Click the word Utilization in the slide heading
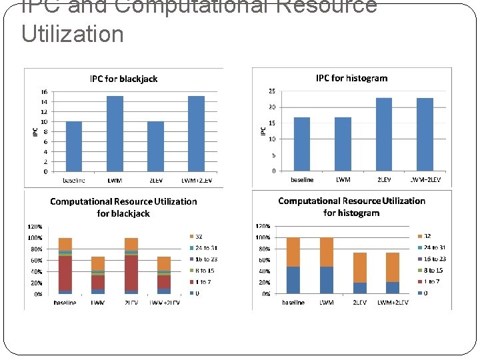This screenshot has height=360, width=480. tap(73, 33)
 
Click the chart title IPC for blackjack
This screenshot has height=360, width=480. tap(123, 79)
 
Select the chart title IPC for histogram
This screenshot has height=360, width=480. tap(351, 78)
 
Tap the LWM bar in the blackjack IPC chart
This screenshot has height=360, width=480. tap(115, 133)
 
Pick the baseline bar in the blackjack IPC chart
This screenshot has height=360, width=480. tap(73, 146)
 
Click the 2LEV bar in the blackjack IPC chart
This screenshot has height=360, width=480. tap(155, 146)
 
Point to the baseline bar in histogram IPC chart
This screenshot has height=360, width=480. tap(301, 144)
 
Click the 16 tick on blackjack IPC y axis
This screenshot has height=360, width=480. tap(43, 92)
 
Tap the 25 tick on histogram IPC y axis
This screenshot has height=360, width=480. tap(271, 91)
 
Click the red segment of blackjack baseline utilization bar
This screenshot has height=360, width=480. tap(65, 273)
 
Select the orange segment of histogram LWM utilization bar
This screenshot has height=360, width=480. tap(327, 252)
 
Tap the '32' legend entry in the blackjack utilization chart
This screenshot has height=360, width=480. tap(199, 237)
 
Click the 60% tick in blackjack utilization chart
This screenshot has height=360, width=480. tap(35, 261)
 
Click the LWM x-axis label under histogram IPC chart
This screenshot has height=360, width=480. tap(343, 180)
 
